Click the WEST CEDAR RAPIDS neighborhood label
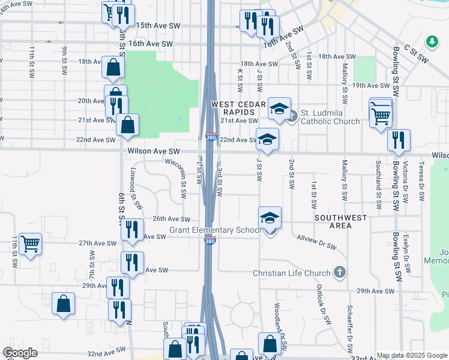coord(238,109)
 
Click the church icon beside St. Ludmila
coord(292,115)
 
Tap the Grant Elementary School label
coord(215,230)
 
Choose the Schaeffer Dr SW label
coord(349,325)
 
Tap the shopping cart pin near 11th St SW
coord(30,244)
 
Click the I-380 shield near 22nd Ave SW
coord(211,137)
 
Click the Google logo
coord(20,353)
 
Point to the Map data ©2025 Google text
coord(411,355)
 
